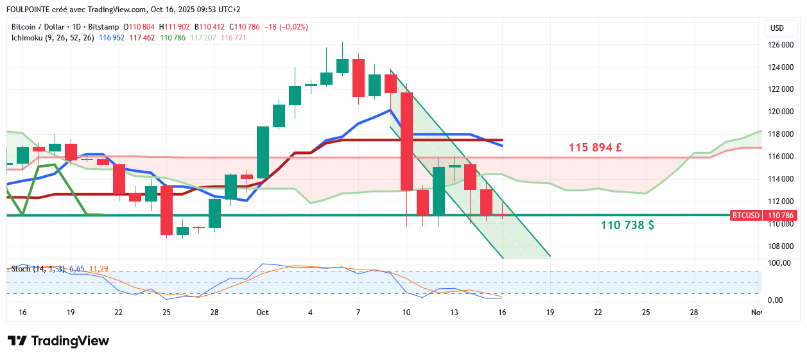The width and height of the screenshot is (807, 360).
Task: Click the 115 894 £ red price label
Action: click(x=595, y=148)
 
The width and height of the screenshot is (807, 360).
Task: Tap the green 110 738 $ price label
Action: click(x=627, y=225)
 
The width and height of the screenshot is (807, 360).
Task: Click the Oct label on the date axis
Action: click(x=262, y=313)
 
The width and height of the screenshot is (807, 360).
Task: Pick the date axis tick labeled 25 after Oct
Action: click(x=645, y=313)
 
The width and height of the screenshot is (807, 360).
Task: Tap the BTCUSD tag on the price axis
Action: click(x=746, y=216)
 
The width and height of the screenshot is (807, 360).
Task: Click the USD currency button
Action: click(x=777, y=28)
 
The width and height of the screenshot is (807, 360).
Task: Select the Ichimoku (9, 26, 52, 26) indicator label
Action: click(x=53, y=38)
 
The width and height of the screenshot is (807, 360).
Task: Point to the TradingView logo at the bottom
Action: click(x=58, y=341)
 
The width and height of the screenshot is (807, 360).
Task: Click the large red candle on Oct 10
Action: click(x=406, y=141)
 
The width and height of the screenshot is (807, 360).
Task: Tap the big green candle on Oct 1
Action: click(x=263, y=152)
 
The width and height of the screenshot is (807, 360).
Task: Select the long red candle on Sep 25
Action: click(x=166, y=210)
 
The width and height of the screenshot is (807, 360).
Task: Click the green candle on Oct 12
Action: click(x=438, y=191)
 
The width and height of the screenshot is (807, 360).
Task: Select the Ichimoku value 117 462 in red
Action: click(x=143, y=38)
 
